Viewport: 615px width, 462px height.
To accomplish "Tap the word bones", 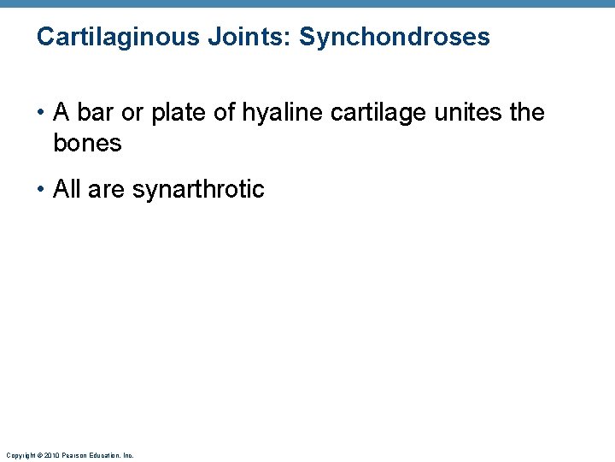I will [87, 144].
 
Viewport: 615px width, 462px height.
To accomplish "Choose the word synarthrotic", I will [198, 189].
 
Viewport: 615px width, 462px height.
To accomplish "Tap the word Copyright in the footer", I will [18, 455].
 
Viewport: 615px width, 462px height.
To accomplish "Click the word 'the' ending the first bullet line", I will [526, 113].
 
